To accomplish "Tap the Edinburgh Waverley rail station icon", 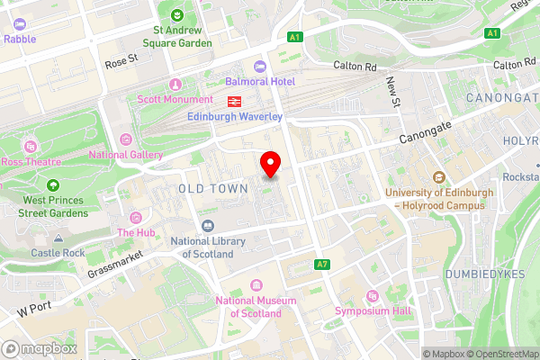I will pyautogui.click(x=233, y=100).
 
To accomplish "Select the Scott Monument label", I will pyautogui.click(x=175, y=99).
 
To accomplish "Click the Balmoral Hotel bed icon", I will pyautogui.click(x=260, y=66).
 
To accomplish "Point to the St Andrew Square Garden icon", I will pyautogui.click(x=176, y=15).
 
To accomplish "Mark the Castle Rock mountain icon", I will pyautogui.click(x=58, y=239).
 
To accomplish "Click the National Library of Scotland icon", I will pyautogui.click(x=208, y=225).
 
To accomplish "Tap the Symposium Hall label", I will pyautogui.click(x=372, y=311).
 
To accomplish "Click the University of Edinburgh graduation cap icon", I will pyautogui.click(x=440, y=176).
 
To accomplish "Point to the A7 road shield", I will pyautogui.click(x=322, y=265).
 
